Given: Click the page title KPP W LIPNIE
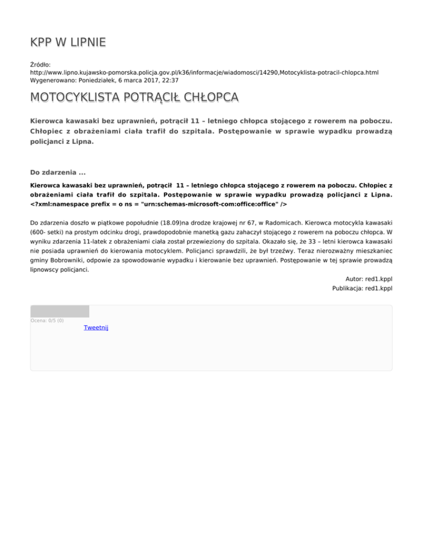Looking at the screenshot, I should (x=68, y=42).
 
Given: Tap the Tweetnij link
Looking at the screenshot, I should (x=96, y=328).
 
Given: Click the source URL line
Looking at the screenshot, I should (x=204, y=72).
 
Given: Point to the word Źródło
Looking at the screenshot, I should (x=41, y=64).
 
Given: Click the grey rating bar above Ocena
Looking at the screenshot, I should (x=59, y=311).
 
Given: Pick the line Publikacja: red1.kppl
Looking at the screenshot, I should (x=362, y=288).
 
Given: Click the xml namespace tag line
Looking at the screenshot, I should (x=159, y=203).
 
